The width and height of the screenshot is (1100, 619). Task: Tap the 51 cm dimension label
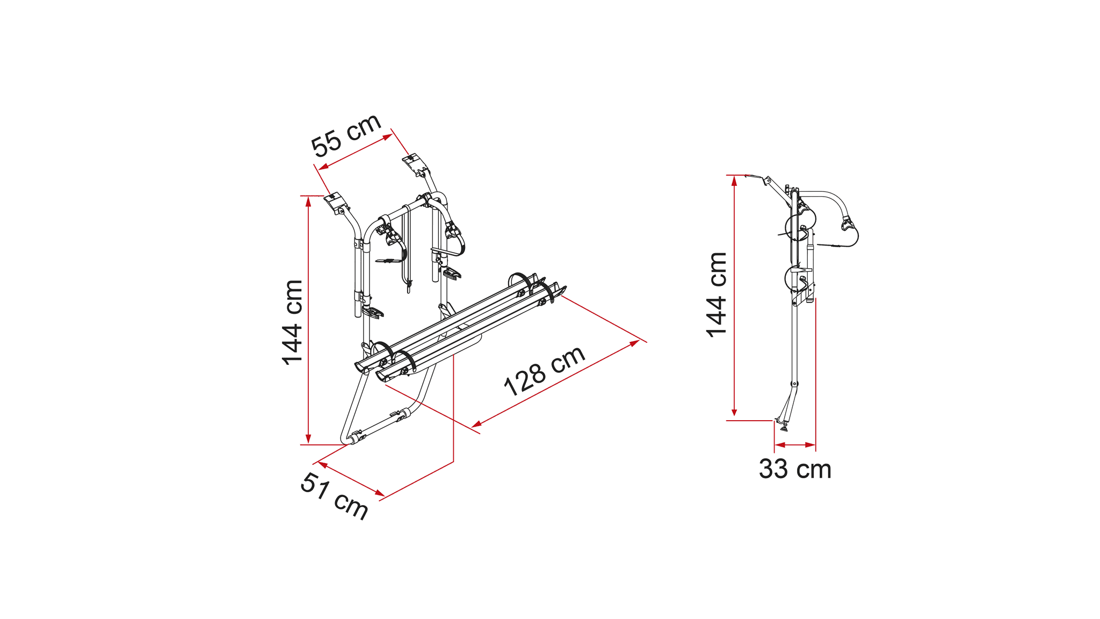click(334, 496)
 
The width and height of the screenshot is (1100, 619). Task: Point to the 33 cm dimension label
click(795, 469)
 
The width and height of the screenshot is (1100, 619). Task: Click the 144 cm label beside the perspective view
click(293, 322)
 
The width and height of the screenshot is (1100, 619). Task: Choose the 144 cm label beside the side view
click(717, 295)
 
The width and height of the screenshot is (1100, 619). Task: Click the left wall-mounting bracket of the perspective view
click(336, 202)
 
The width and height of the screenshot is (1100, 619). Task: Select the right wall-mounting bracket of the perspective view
click(416, 164)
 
